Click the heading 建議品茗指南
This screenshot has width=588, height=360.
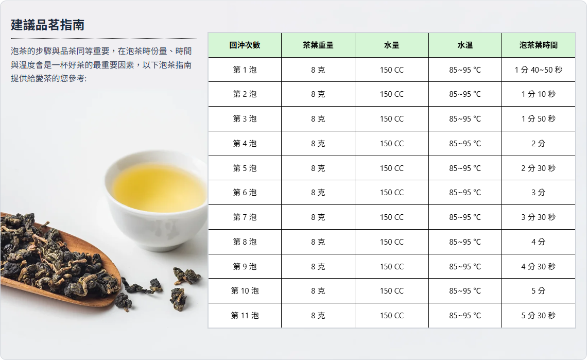[x=47, y=25]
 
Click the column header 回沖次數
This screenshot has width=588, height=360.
[x=245, y=45]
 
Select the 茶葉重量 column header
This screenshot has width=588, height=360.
[x=318, y=45]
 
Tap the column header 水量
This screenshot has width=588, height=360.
[x=391, y=45]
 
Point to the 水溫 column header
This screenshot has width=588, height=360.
[x=465, y=45]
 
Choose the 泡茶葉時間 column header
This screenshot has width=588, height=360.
[x=539, y=45]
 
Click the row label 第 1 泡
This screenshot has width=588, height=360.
[x=245, y=70]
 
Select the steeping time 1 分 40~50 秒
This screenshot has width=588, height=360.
[x=539, y=70]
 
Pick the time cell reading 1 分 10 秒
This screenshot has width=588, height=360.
[x=539, y=94]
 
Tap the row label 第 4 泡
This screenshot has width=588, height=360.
[x=245, y=143]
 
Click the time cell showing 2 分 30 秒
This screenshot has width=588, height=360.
[x=539, y=168]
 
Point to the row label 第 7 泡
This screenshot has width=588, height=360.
[x=245, y=217]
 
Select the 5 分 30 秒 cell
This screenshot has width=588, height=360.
[x=539, y=315]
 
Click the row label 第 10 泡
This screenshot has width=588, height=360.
[x=245, y=290]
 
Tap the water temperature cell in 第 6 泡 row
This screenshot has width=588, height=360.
[x=465, y=193]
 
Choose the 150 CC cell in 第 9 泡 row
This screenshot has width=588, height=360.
[x=391, y=266]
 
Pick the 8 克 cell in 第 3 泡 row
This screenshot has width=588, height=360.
[x=318, y=118]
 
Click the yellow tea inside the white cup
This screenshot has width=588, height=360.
[x=160, y=187]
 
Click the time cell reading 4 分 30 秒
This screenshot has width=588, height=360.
[x=539, y=266]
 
